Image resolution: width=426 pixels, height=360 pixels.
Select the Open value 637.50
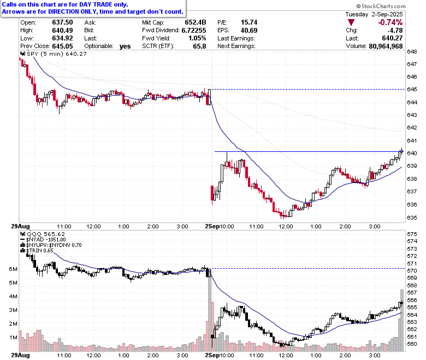pos(62,22)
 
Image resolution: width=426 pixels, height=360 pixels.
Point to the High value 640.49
pos(62,30)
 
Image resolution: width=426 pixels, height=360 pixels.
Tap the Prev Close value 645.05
pos(62,46)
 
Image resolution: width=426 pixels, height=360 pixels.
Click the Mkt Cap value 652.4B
pos(196,22)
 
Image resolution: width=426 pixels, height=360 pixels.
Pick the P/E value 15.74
pos(249,22)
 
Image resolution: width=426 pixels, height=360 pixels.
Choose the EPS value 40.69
pos(249,30)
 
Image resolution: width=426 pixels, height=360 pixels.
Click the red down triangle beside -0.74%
pos(351,22)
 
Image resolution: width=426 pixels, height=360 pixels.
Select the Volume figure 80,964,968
pos(386,46)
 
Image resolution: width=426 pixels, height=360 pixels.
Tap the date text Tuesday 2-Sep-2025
pos(374,14)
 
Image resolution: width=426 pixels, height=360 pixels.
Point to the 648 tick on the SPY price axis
pos(412,51)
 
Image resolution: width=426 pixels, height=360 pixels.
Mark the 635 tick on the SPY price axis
pos(412,217)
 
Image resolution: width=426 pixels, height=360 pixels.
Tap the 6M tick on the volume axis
pos(13,269)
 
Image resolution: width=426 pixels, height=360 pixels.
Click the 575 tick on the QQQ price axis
pos(412,234)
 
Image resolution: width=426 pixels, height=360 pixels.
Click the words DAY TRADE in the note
pos(95,4)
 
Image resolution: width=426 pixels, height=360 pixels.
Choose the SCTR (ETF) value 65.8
pos(199,46)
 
